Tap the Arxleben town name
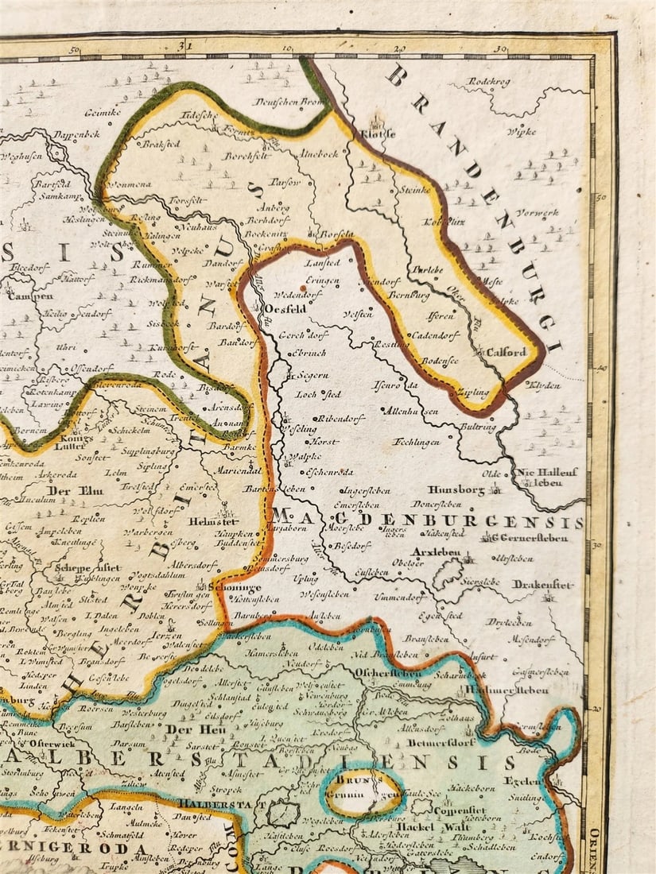(433, 551)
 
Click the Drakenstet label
(542, 584)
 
